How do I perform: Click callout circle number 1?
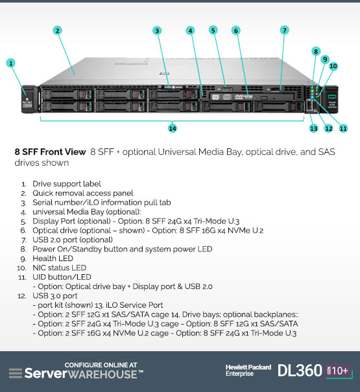point(11,63)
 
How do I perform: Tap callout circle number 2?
point(57,30)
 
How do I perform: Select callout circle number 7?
point(284,30)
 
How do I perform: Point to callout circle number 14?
point(173,128)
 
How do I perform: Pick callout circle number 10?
point(333,66)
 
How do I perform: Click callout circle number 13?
point(313,128)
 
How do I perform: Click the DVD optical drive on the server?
point(252,97)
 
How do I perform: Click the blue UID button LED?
point(312,97)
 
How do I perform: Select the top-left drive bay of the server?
point(67,95)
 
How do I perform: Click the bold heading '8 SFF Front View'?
point(50,152)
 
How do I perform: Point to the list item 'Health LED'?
point(53,259)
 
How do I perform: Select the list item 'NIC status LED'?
point(59,268)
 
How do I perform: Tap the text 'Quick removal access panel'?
point(83,193)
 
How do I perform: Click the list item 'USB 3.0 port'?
point(55,295)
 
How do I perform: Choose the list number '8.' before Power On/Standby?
point(23,249)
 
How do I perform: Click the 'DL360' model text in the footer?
point(300,370)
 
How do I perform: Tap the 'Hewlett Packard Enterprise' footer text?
point(248,370)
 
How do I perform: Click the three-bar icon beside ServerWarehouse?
point(16,373)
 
